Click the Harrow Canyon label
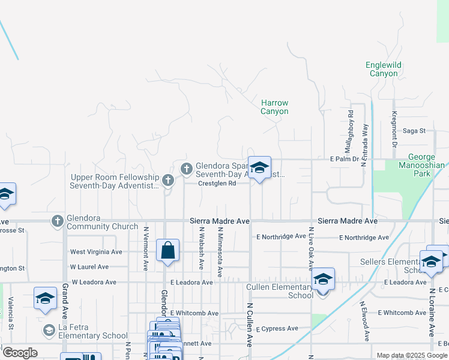coord(274,107)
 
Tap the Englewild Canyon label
coord(384,69)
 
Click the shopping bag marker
coord(168,251)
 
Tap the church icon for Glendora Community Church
coord(58,220)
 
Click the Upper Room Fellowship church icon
coord(168,179)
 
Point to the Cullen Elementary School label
coord(280,291)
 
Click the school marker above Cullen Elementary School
coord(323,280)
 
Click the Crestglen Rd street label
coord(217,184)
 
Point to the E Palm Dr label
coord(344,159)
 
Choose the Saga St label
coord(414,130)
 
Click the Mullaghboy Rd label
coord(351,131)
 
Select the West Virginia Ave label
coord(96,252)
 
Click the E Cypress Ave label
coord(277,329)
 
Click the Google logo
coord(20,353)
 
